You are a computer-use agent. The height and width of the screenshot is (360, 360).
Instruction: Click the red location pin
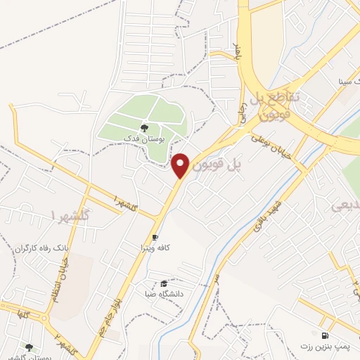tap(181, 165)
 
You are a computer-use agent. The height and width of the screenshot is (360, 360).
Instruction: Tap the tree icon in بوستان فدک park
tap(144, 128)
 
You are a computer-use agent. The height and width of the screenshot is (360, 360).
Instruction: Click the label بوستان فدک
tap(143, 139)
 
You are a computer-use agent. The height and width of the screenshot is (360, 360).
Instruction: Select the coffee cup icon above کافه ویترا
tap(155, 238)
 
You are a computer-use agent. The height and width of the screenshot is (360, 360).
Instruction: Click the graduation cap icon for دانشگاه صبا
tap(164, 283)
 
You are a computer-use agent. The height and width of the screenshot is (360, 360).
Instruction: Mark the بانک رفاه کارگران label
tap(44, 249)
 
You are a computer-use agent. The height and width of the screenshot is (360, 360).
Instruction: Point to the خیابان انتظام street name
tap(53, 281)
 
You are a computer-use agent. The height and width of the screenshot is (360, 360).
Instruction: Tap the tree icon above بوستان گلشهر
tap(29, 347)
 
